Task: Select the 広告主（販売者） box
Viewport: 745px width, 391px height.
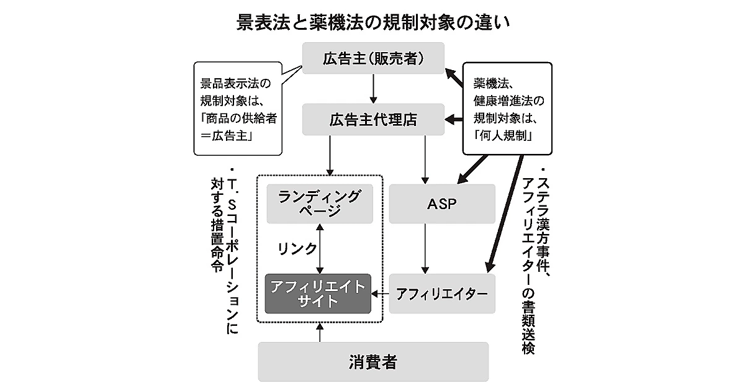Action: point(372,58)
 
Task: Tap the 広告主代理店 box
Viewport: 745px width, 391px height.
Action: point(372,120)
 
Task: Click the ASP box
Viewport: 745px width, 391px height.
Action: point(442,203)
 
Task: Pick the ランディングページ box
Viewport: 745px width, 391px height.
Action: point(319,203)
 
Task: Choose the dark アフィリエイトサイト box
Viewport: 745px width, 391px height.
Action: point(317,293)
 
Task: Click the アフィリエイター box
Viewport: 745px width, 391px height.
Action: point(442,293)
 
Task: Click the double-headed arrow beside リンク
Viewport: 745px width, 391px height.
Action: point(320,248)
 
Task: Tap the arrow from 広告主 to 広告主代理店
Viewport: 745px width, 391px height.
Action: point(373,89)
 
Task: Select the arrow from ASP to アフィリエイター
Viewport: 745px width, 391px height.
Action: point(425,248)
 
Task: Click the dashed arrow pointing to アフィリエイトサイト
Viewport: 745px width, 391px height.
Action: point(380,293)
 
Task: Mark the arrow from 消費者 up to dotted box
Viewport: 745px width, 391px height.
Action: point(320,332)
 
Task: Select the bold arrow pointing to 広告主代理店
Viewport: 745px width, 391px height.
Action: point(454,120)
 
